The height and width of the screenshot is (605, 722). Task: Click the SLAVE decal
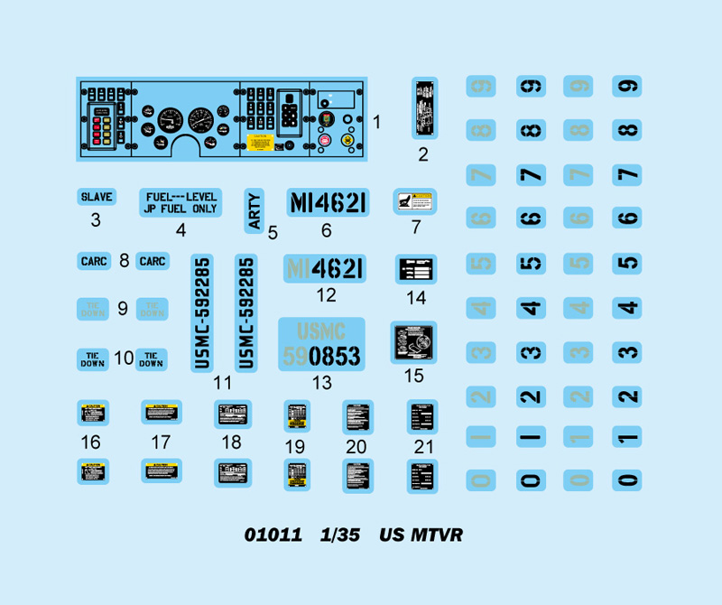(96, 197)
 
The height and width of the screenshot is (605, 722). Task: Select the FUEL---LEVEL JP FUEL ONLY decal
(180, 202)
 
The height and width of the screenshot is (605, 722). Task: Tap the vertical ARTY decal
(254, 210)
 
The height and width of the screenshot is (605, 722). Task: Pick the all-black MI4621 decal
(326, 202)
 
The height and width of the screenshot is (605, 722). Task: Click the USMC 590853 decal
(321, 344)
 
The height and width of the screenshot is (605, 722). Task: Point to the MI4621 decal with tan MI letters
(325, 269)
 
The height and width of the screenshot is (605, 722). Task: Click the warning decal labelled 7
(415, 201)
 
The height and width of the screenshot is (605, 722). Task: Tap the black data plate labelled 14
(415, 269)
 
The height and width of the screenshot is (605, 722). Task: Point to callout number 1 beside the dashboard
(377, 122)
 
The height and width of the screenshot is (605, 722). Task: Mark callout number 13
(321, 383)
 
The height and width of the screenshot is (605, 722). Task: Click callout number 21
(423, 447)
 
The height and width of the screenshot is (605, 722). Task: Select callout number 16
(90, 442)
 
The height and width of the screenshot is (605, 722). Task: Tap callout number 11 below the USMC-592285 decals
(222, 383)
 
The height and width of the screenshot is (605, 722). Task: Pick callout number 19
(295, 447)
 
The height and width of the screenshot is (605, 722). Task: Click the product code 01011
(273, 535)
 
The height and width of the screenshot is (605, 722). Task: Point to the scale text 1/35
(340, 535)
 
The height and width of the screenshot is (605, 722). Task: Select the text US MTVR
(421, 535)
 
